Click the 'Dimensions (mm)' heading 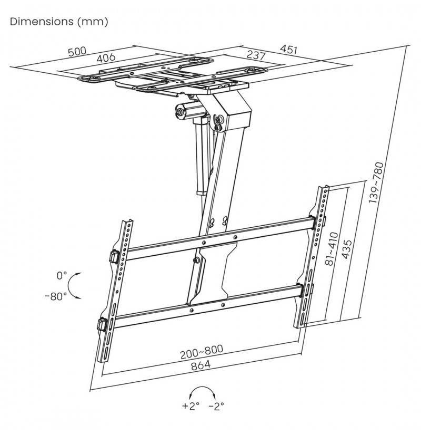click(x=59, y=22)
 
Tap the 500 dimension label click(x=77, y=52)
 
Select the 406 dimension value click(x=106, y=57)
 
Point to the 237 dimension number click(x=256, y=55)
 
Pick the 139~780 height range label click(x=376, y=182)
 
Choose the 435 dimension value click(x=347, y=249)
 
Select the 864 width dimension click(x=201, y=365)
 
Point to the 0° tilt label click(x=62, y=275)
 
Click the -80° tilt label click(x=56, y=296)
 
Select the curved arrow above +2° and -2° click(x=203, y=387)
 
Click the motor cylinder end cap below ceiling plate click(x=179, y=112)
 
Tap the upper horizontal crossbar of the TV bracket click(x=219, y=237)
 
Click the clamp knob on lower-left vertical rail click(x=102, y=324)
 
